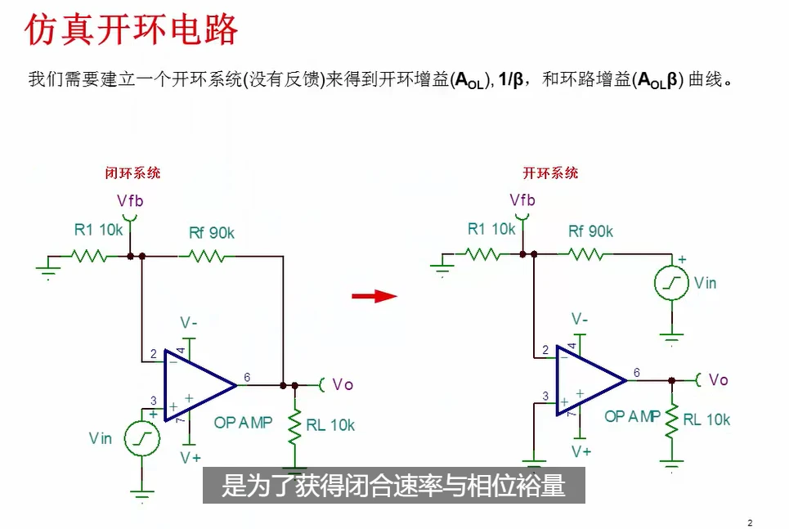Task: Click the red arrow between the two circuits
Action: (x=374, y=296)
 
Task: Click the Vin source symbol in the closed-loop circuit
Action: (x=142, y=439)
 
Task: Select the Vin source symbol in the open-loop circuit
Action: (x=671, y=283)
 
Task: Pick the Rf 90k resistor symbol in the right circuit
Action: (x=585, y=254)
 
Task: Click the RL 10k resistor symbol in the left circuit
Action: (x=295, y=426)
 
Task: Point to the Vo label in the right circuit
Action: (x=718, y=379)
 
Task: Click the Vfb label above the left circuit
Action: (x=130, y=201)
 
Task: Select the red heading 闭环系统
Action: (x=132, y=173)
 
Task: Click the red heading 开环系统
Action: (x=550, y=173)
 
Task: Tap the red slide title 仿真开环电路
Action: (x=132, y=29)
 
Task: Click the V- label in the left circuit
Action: (x=189, y=323)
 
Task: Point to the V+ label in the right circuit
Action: (x=581, y=451)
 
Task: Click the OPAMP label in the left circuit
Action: (x=243, y=423)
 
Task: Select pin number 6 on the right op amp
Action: (x=637, y=373)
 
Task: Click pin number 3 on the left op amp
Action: (x=154, y=401)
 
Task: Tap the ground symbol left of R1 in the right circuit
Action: (x=442, y=266)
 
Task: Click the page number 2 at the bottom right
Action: (x=750, y=523)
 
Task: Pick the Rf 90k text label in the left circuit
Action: (x=212, y=233)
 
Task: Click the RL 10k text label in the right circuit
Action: (x=706, y=419)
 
